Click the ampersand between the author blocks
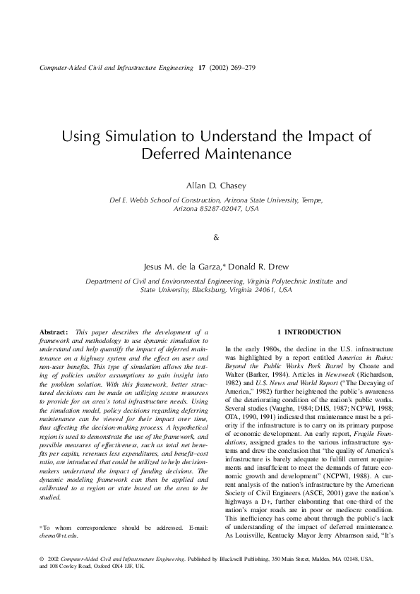point(216,236)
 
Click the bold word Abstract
point(52,332)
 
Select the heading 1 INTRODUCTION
point(299,332)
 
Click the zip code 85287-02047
point(213,209)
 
